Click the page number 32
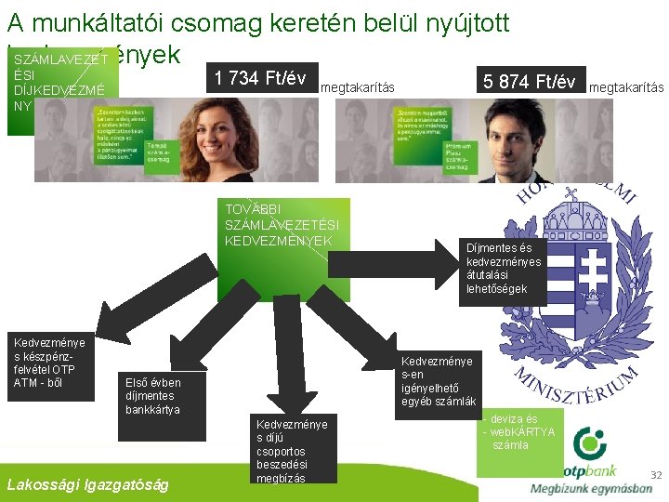point(655,475)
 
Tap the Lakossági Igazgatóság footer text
point(87,483)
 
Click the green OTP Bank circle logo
point(588,443)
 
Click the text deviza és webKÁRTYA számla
point(520,432)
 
